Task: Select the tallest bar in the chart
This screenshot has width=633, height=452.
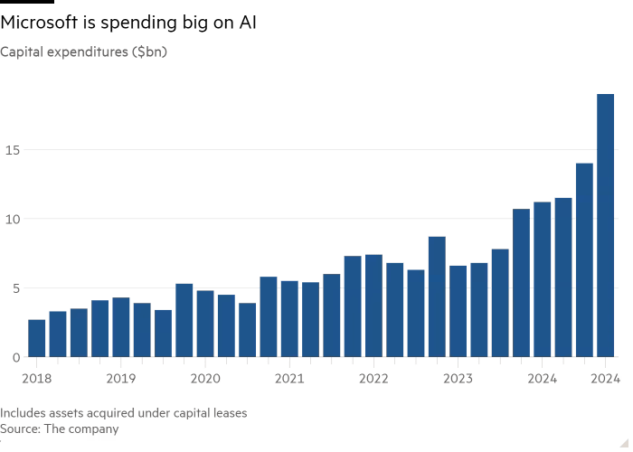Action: pos(605,225)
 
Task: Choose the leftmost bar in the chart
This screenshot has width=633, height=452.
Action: pos(37,338)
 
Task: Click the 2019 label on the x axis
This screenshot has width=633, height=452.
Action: pos(121,376)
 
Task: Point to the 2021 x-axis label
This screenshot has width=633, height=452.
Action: pos(289,376)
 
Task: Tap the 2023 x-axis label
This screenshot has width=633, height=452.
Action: pos(458,376)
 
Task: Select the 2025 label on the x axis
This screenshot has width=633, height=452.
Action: pos(604,376)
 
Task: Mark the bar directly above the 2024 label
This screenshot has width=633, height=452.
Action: pos(542,279)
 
